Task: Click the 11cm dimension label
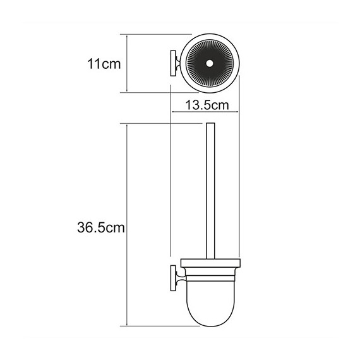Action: click(104, 64)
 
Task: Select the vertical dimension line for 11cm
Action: click(129, 64)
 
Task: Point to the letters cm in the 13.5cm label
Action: click(220, 104)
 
